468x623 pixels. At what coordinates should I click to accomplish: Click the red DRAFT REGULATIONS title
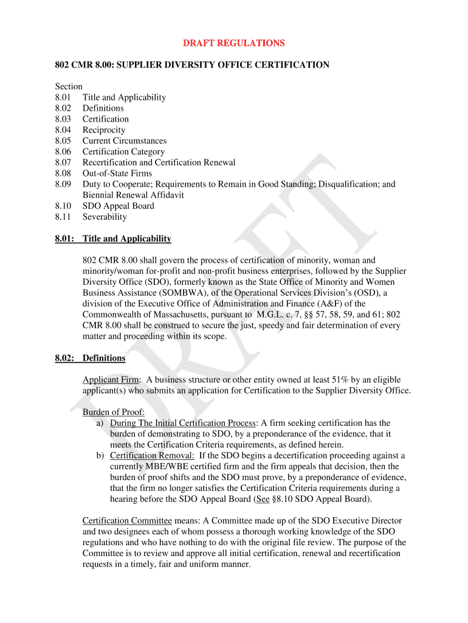point(234,43)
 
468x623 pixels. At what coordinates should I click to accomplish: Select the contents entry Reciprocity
point(104,130)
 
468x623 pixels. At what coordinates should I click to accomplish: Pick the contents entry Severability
point(105,217)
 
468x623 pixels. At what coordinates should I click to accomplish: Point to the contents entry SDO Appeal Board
point(119,206)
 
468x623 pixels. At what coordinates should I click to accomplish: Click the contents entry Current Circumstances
point(125,141)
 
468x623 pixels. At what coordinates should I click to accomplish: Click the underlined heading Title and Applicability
point(127,239)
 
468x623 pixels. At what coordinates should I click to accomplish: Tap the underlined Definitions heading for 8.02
point(104,358)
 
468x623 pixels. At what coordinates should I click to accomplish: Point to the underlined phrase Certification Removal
point(152,456)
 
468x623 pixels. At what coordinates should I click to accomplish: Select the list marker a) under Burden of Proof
point(100,423)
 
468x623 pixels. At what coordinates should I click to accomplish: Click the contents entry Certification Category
point(123,152)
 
